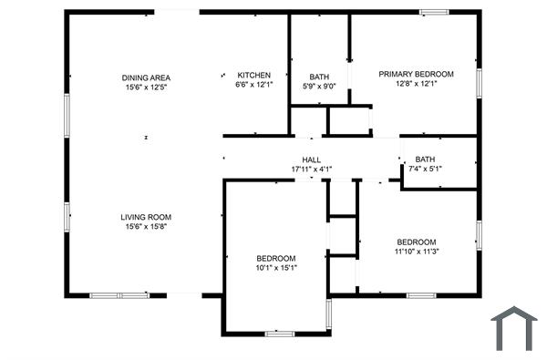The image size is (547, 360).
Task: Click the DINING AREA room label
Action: (x=147, y=77)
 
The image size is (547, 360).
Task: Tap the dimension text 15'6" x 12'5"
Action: (x=147, y=87)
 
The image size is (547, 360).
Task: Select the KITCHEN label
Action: (x=253, y=75)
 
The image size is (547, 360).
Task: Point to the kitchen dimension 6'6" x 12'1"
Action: (x=253, y=85)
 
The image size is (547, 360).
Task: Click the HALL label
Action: (x=312, y=159)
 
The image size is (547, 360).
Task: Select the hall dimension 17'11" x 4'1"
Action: (x=312, y=169)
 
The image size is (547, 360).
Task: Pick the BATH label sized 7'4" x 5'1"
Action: (x=425, y=159)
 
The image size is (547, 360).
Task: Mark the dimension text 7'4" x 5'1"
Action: (x=425, y=169)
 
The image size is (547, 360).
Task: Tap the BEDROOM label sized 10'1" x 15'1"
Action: (x=275, y=258)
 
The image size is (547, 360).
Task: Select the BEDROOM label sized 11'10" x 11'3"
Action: (x=417, y=242)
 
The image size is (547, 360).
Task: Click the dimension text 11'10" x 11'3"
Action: (x=417, y=252)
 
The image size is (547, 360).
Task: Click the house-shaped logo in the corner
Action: (x=513, y=328)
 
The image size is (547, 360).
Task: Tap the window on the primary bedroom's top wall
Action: (x=434, y=12)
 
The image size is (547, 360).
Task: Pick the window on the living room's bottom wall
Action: (x=119, y=295)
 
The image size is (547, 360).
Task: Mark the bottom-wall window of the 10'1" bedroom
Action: (x=279, y=334)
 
